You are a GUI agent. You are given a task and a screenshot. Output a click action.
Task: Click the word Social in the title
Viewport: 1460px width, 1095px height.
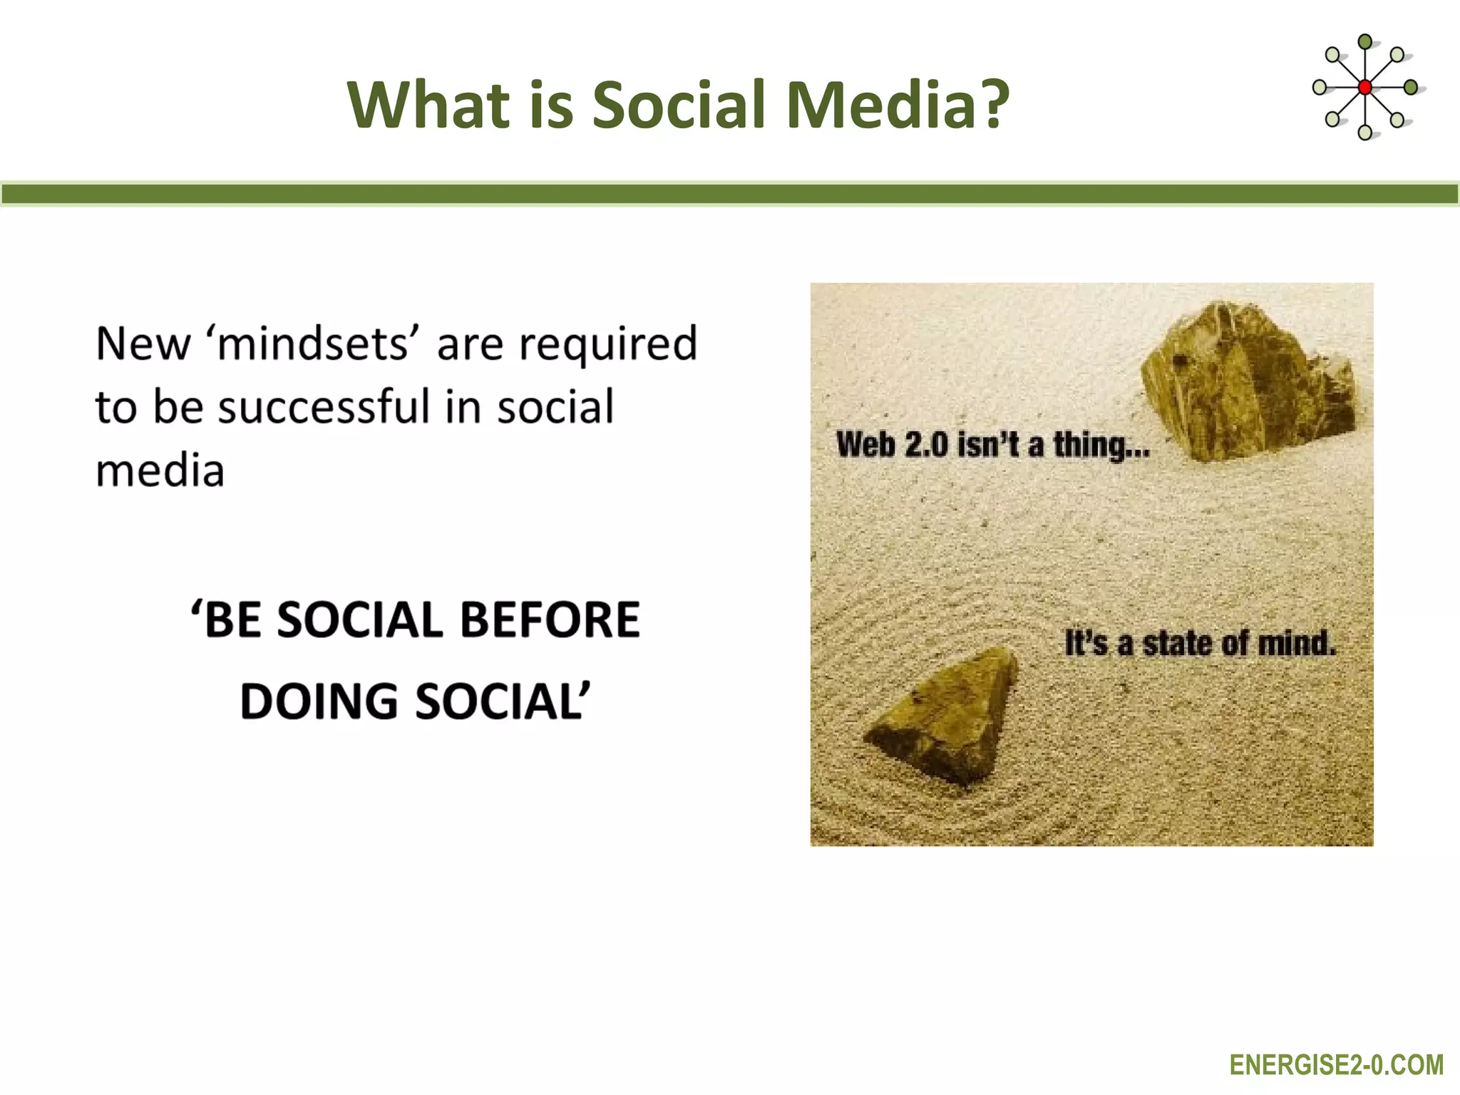coord(678,105)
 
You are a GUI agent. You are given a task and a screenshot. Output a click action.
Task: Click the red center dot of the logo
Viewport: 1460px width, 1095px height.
coord(1364,87)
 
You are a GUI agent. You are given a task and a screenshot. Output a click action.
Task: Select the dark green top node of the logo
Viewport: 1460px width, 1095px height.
coord(1364,42)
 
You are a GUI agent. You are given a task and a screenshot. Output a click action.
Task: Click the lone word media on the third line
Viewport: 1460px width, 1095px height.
coord(160,471)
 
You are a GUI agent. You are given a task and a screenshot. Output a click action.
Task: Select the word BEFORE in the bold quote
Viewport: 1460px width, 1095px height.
coord(550,619)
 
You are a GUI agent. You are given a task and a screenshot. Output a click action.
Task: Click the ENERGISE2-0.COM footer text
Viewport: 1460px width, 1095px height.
coord(1336,1065)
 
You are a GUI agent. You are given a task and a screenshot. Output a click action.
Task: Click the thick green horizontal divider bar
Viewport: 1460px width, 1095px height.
coord(730,194)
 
